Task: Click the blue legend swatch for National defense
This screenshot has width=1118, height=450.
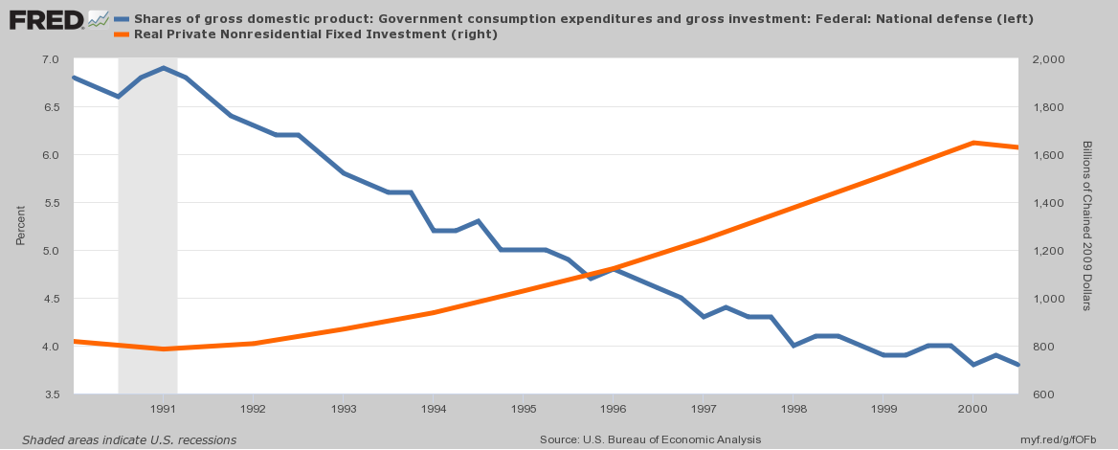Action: point(122,18)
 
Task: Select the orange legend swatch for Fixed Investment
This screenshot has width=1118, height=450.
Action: point(122,34)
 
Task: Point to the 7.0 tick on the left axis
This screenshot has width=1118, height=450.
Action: point(51,59)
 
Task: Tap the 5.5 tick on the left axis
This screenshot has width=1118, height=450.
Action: point(51,203)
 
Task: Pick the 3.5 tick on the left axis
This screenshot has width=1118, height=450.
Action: point(51,394)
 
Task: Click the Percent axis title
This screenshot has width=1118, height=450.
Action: point(20,227)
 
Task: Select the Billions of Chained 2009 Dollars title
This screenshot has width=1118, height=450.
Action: point(1087,226)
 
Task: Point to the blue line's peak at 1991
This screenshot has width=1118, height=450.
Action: point(164,68)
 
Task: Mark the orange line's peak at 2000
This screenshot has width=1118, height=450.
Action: point(973,143)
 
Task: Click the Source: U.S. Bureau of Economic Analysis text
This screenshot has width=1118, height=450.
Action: point(650,439)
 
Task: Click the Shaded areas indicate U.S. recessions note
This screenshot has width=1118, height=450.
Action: point(129,439)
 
